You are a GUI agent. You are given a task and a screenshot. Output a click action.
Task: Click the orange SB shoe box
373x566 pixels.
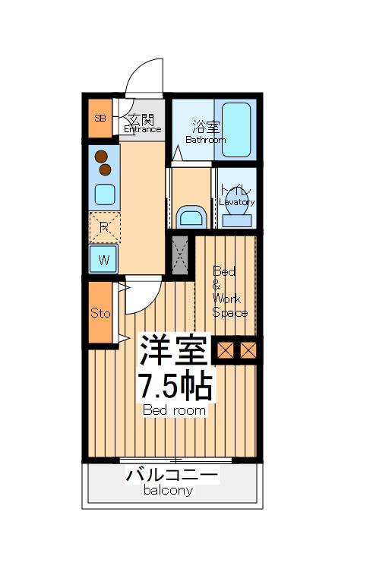pyautogui.click(x=100, y=118)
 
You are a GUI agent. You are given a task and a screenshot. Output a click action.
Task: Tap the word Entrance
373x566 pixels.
pyautogui.click(x=143, y=129)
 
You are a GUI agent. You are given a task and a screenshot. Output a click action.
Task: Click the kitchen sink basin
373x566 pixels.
pyautogui.click(x=105, y=194)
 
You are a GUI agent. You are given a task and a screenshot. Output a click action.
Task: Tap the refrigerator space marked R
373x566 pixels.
pyautogui.click(x=105, y=226)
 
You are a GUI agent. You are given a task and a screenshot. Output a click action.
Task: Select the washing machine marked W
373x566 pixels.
pyautogui.click(x=104, y=261)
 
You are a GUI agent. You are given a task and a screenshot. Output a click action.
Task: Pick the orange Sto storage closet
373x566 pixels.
pyautogui.click(x=100, y=312)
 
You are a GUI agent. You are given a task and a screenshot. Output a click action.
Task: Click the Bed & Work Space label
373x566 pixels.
pyautogui.click(x=229, y=292)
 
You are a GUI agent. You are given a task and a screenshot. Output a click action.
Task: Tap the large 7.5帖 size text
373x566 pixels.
pyautogui.click(x=174, y=387)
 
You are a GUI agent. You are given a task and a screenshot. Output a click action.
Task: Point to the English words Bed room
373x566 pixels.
pyautogui.click(x=175, y=410)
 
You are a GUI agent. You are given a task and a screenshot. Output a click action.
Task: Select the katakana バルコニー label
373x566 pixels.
pyautogui.click(x=172, y=476)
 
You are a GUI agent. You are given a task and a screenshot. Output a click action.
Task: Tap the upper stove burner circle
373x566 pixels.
pyautogui.click(x=101, y=157)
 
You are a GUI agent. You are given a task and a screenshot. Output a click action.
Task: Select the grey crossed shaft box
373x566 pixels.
pyautogui.click(x=182, y=255)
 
